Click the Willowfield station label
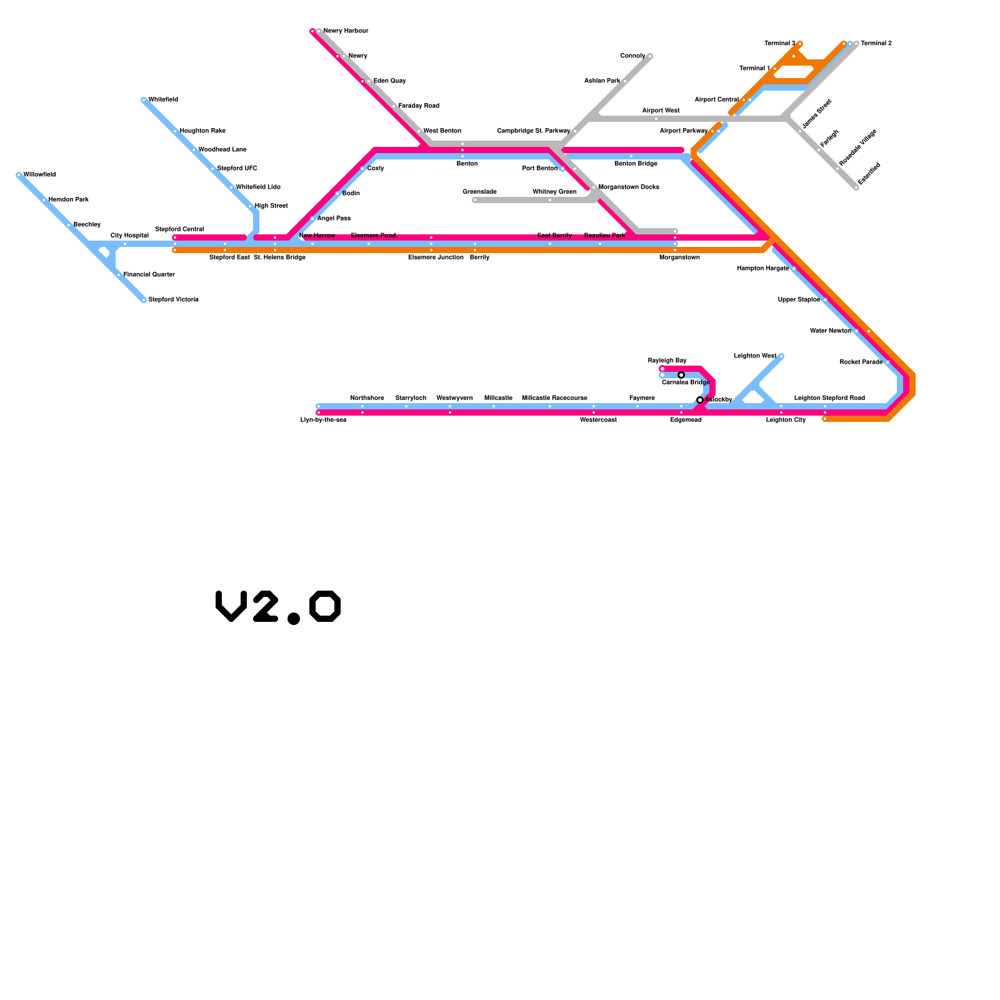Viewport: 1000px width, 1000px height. pyautogui.click(x=39, y=175)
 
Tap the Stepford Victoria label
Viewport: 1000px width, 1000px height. pyautogui.click(x=173, y=300)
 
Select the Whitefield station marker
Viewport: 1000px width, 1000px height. pyautogui.click(x=144, y=100)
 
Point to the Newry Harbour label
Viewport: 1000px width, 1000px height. pyautogui.click(x=346, y=31)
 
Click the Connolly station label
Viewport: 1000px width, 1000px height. pyautogui.click(x=632, y=56)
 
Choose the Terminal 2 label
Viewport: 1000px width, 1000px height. pyautogui.click(x=876, y=44)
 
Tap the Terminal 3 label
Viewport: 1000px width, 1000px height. pyautogui.click(x=779, y=44)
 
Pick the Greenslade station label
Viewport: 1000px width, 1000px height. pyautogui.click(x=479, y=192)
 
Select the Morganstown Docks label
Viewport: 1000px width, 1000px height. pyautogui.click(x=629, y=187)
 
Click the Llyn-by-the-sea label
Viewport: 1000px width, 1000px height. pyautogui.click(x=323, y=420)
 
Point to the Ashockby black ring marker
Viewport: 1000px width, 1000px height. pyautogui.click(x=700, y=400)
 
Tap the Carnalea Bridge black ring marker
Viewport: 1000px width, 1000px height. pyautogui.click(x=681, y=375)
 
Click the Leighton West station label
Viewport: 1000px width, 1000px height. pyautogui.click(x=755, y=356)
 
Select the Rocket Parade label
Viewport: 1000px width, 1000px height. pyautogui.click(x=861, y=362)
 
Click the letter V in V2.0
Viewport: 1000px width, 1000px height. pyautogui.click(x=231, y=606)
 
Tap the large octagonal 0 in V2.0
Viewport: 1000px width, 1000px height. pyautogui.click(x=325, y=606)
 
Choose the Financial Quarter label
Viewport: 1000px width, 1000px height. pyautogui.click(x=149, y=275)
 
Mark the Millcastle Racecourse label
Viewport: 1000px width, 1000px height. pyautogui.click(x=554, y=398)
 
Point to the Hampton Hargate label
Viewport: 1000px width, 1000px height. pyautogui.click(x=762, y=269)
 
